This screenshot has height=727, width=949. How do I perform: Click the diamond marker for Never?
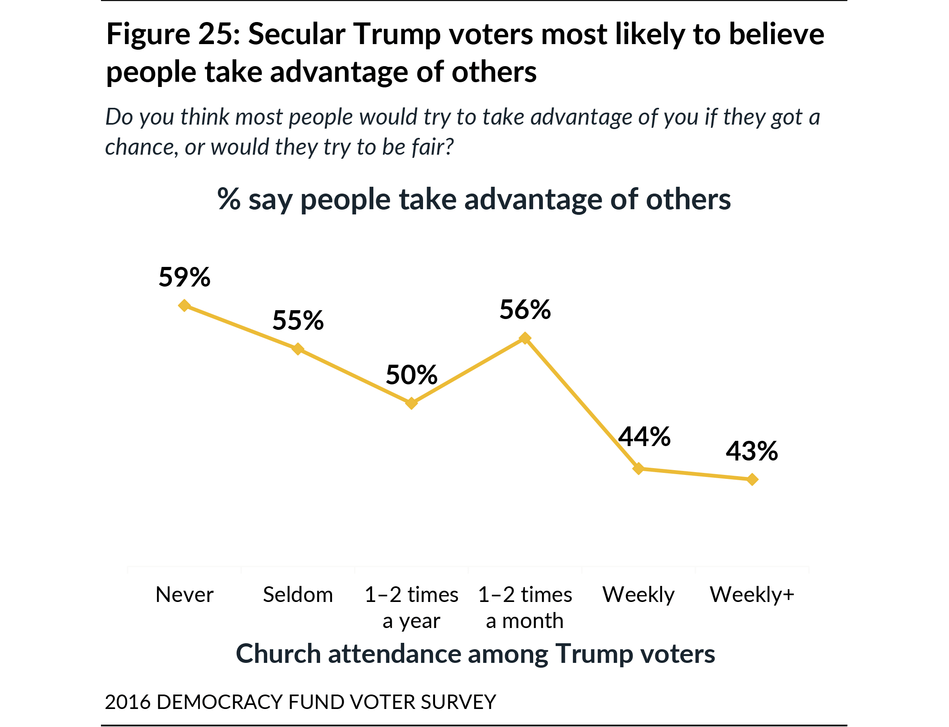pyautogui.click(x=184, y=305)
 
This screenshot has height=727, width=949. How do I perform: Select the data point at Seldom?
pyautogui.click(x=298, y=349)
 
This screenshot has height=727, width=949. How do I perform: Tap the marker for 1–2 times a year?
pyautogui.click(x=411, y=403)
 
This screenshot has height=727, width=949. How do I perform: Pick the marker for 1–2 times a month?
pyautogui.click(x=525, y=338)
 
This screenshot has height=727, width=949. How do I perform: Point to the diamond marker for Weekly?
pyautogui.click(x=639, y=469)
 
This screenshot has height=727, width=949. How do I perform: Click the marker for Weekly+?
pyautogui.click(x=752, y=479)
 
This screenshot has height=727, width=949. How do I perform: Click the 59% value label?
pyautogui.click(x=184, y=277)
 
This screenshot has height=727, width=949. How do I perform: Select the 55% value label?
pyautogui.click(x=298, y=321)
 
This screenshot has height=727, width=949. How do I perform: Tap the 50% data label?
pyautogui.click(x=411, y=375)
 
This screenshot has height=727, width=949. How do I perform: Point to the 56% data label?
pyautogui.click(x=525, y=310)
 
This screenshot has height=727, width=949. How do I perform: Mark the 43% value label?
pyautogui.click(x=752, y=451)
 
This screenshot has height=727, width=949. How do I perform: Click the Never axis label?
pyautogui.click(x=184, y=595)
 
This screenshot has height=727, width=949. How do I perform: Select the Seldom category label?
pyautogui.click(x=298, y=595)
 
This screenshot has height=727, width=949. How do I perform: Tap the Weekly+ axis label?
pyautogui.click(x=752, y=595)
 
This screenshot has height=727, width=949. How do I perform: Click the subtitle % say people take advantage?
pyautogui.click(x=474, y=200)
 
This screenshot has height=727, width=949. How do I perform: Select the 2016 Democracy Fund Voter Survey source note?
pyautogui.click(x=300, y=702)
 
